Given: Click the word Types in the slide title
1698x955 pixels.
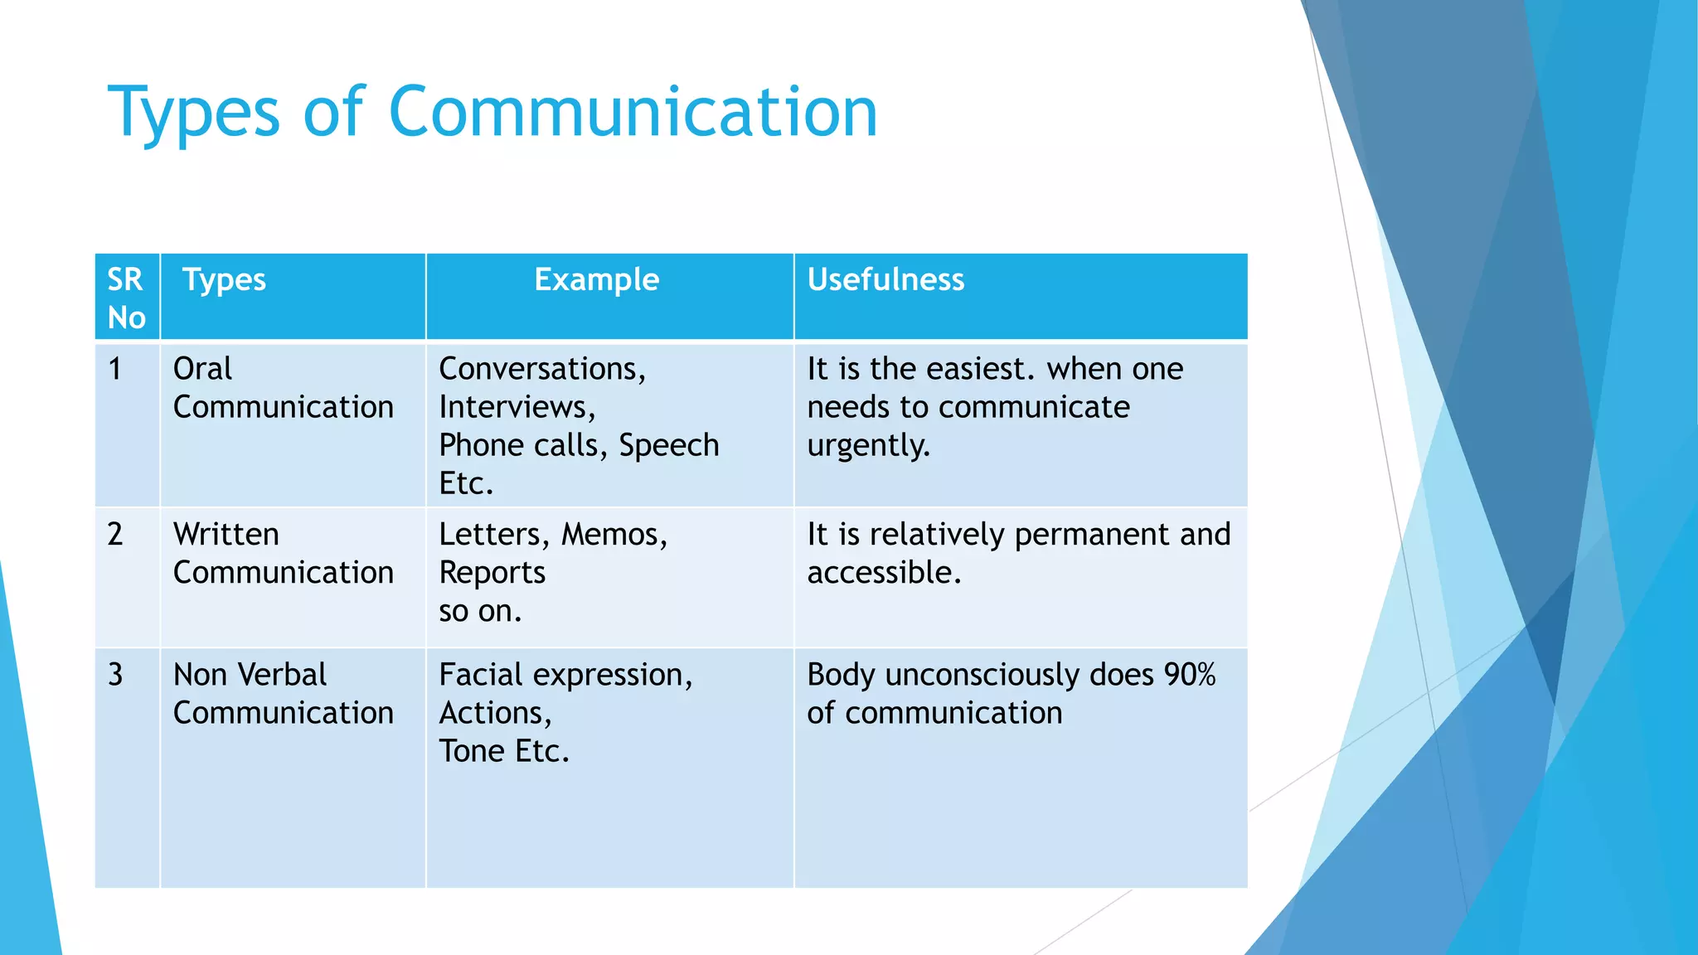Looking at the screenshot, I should tap(194, 113).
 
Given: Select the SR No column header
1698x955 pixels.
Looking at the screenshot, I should tap(126, 298).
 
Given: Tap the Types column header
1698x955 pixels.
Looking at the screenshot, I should tap(224, 280).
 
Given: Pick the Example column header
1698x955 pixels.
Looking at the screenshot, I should tap(596, 280).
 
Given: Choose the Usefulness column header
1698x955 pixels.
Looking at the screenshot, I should tap(885, 280).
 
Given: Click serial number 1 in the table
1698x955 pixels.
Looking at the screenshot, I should tap(115, 369).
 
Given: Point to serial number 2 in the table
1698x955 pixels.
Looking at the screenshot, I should tap(115, 535).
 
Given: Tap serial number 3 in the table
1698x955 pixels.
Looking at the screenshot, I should tap(115, 675).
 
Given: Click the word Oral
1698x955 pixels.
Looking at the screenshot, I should tap(202, 369).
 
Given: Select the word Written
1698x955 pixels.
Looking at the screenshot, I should tap(226, 535).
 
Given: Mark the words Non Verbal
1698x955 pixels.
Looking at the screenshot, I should tap(250, 675).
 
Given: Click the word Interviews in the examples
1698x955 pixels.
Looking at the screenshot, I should tap(514, 407).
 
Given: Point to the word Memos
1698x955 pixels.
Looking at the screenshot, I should tap(613, 535).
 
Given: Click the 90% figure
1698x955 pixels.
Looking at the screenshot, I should tap(1189, 675).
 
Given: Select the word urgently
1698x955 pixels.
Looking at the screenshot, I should tap(867, 446).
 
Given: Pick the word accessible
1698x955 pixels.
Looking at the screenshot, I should tap(882, 573).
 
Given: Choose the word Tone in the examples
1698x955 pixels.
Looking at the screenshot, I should tap(472, 751).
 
